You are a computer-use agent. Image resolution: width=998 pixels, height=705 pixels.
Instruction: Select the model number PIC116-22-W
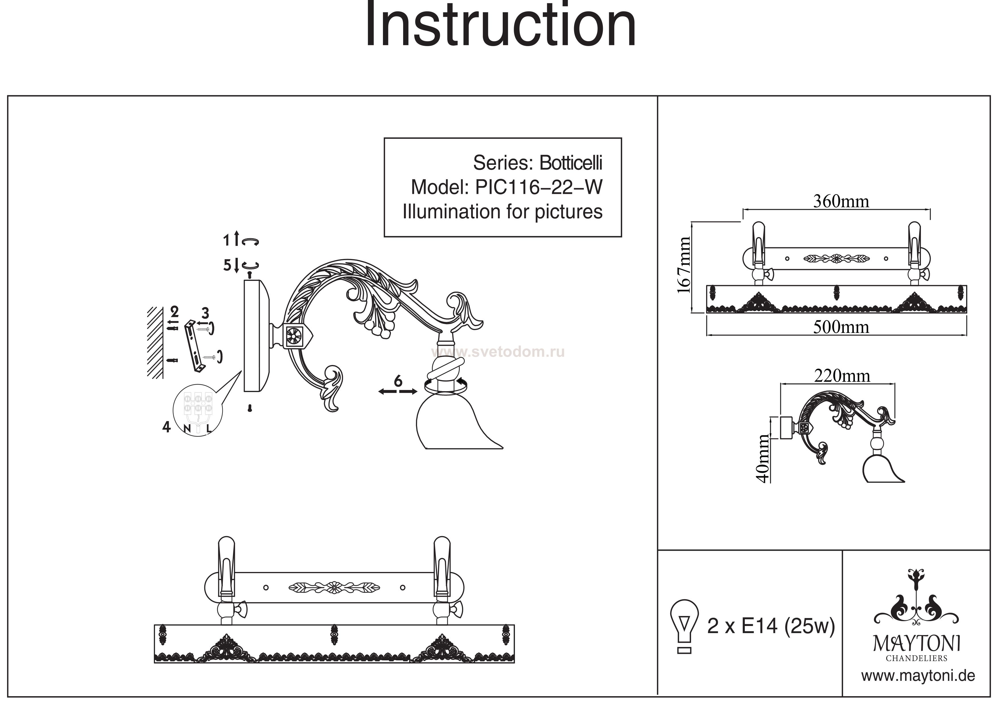[x=539, y=188]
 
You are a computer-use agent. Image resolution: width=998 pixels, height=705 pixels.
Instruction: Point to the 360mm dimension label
[x=841, y=202]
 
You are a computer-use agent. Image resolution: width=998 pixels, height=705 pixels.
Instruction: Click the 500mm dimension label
[x=841, y=327]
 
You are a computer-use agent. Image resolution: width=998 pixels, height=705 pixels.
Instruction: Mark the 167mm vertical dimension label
[x=684, y=266]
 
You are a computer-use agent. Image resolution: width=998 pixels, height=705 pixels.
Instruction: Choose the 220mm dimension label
[x=842, y=376]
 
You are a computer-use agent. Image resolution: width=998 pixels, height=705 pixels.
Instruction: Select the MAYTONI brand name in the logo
[x=917, y=644]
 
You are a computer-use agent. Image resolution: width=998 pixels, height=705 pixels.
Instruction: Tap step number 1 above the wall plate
[x=226, y=240]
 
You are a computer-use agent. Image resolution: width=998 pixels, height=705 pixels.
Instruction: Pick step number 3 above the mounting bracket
[x=205, y=313]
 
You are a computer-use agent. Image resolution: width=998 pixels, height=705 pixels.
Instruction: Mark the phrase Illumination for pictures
[x=502, y=212]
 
